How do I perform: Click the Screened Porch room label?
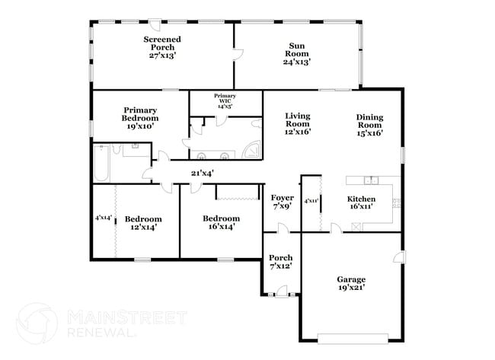pyautogui.click(x=162, y=46)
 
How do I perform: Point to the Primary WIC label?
pyautogui.click(x=225, y=100)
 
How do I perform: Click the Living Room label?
pyautogui.click(x=298, y=124)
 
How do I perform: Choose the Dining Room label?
pyautogui.click(x=369, y=124)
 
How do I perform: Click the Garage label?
pyautogui.click(x=351, y=283)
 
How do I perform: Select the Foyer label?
pyautogui.click(x=283, y=201)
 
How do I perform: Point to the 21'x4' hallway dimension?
pyautogui.click(x=202, y=173)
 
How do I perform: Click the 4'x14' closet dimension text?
pyautogui.click(x=102, y=218)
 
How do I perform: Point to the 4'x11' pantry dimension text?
pyautogui.click(x=311, y=201)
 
